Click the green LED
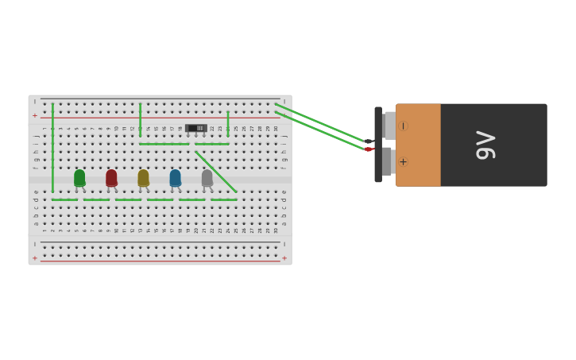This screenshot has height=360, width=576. [x=79, y=178]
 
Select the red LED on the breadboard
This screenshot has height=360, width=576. [x=111, y=178]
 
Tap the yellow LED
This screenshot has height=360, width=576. [x=143, y=178]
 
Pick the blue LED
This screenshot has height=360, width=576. [x=175, y=178]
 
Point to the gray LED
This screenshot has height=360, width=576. [x=207, y=178]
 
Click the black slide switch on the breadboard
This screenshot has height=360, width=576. [x=196, y=128]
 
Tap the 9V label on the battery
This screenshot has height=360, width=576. [x=485, y=145]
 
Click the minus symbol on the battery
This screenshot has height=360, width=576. [x=403, y=126]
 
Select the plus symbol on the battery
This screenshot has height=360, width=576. [x=403, y=162]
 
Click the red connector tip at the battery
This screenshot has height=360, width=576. [x=369, y=149]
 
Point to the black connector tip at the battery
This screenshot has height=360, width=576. [x=369, y=141]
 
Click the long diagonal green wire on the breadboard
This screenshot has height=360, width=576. [x=215, y=172]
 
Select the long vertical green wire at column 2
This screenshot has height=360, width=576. [x=53, y=147]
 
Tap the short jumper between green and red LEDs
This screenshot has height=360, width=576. [x=96, y=199]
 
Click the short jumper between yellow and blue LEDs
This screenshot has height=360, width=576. [x=160, y=199]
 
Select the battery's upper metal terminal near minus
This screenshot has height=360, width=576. [x=389, y=126]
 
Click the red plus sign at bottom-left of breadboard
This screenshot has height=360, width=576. [x=34, y=258]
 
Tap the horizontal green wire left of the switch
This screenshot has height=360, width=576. [x=164, y=144]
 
